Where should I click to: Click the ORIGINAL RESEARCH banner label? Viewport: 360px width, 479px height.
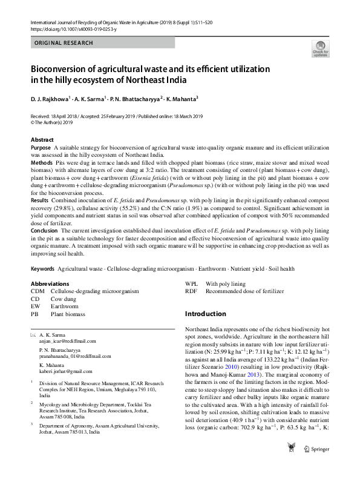[x=64, y=43]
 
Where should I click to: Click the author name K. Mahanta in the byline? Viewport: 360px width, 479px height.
[x=180, y=98]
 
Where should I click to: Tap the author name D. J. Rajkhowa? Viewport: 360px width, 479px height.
[x=50, y=98]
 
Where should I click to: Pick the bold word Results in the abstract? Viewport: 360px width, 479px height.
[x=41, y=199]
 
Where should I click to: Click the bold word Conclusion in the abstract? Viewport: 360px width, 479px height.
[x=44, y=231]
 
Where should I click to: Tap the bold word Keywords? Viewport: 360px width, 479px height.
[x=42, y=268]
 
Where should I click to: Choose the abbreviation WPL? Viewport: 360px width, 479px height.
[x=191, y=283]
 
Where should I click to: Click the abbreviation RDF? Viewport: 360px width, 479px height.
[x=191, y=291]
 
